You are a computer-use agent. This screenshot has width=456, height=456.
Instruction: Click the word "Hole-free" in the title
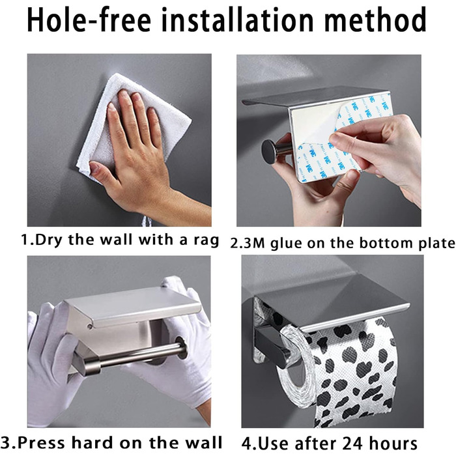89,20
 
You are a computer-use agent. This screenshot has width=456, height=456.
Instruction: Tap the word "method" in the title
375,20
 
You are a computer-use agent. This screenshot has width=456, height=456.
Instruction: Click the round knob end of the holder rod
268,151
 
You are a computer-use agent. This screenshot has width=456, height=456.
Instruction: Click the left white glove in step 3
50,363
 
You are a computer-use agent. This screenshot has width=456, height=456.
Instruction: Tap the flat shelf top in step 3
132,306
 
